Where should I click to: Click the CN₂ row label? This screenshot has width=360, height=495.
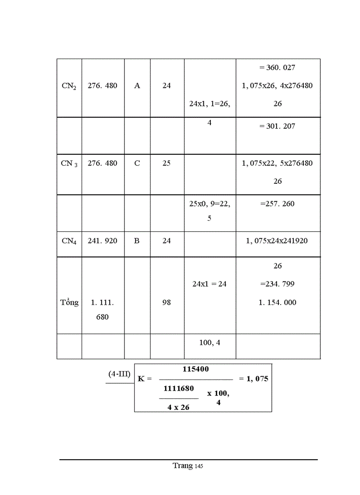pyautogui.click(x=69, y=86)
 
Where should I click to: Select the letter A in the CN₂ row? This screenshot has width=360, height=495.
pyautogui.click(x=137, y=86)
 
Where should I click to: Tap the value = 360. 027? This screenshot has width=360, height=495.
pyautogui.click(x=277, y=67)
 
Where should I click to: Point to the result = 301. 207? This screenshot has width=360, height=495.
pyautogui.click(x=277, y=126)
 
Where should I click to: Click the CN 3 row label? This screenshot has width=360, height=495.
pyautogui.click(x=69, y=164)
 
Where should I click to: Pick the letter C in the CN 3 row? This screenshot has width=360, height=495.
pyautogui.click(x=137, y=163)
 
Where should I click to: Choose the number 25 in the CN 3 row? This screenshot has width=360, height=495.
pyautogui.click(x=166, y=163)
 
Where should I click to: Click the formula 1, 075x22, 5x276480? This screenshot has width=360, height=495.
pyautogui.click(x=277, y=163)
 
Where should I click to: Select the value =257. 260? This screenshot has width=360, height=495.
pyautogui.click(x=277, y=204)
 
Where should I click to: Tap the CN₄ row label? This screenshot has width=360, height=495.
pyautogui.click(x=69, y=241)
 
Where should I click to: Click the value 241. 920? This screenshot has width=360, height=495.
pyautogui.click(x=102, y=241)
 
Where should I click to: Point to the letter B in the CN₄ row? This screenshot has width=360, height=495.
pyautogui.click(x=137, y=241)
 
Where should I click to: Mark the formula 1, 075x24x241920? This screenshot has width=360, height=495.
pyautogui.click(x=277, y=241)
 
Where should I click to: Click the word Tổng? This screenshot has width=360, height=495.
pyautogui.click(x=69, y=302)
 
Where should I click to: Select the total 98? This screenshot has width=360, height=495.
pyautogui.click(x=166, y=302)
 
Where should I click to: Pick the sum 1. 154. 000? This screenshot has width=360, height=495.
pyautogui.click(x=277, y=302)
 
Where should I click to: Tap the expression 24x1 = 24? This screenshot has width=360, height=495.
pyautogui.click(x=210, y=284)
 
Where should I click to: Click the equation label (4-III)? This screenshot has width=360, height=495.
pyautogui.click(x=120, y=374)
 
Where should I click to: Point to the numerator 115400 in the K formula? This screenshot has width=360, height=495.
pyautogui.click(x=196, y=369)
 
